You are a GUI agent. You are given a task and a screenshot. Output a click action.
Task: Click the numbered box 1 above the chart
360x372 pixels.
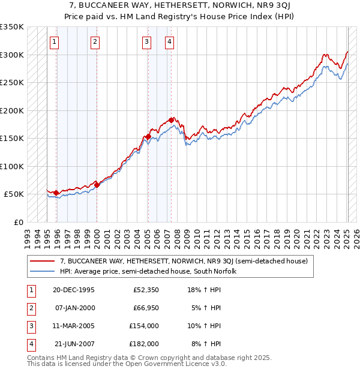(55, 41)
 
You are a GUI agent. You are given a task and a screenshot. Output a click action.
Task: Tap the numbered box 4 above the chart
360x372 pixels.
(170, 41)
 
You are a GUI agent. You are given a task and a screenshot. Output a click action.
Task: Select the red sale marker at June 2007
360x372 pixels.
(172, 120)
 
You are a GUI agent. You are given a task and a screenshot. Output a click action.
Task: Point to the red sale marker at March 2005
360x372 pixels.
(148, 136)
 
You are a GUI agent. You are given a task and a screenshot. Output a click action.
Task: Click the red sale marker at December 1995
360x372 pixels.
(56, 193)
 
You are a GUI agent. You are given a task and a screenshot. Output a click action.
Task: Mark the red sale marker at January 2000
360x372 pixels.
(97, 185)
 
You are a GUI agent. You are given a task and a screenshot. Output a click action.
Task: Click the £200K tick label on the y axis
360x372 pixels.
(11, 110)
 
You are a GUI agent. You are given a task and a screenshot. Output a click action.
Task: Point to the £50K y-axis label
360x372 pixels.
(14, 194)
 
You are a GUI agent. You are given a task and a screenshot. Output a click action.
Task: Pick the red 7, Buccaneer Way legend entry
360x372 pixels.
(184, 261)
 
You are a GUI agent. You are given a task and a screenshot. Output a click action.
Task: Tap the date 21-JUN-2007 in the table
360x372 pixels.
(75, 344)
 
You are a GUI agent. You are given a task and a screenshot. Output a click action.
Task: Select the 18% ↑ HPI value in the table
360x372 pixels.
(205, 289)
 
